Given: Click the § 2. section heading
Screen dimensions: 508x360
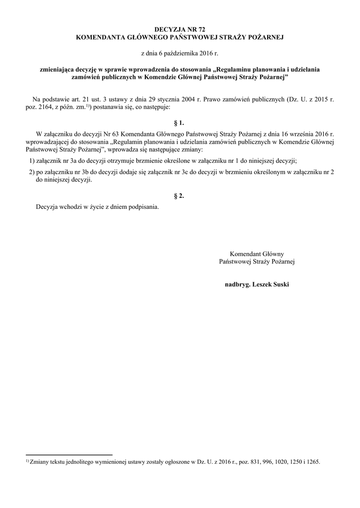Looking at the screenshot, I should pyautogui.click(x=179, y=196).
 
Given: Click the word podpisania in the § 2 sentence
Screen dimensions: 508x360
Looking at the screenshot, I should pyautogui.click(x=142, y=207).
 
